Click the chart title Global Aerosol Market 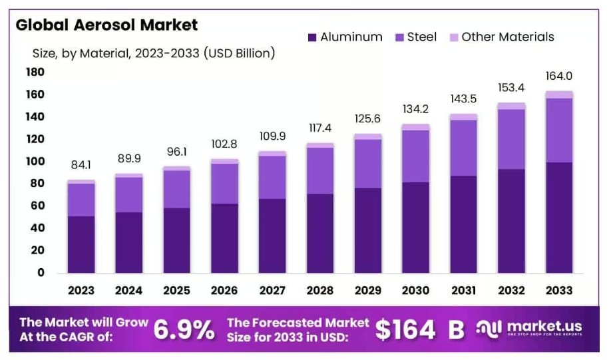click(106, 25)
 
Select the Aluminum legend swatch click(311, 37)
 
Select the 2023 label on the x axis click(81, 291)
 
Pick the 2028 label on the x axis click(319, 291)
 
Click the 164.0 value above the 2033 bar click(558, 77)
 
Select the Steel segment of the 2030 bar click(415, 156)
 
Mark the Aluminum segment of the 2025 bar click(176, 240)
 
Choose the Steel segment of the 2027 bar click(272, 177)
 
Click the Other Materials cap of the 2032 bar click(511, 106)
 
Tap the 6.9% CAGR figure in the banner click(184, 329)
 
